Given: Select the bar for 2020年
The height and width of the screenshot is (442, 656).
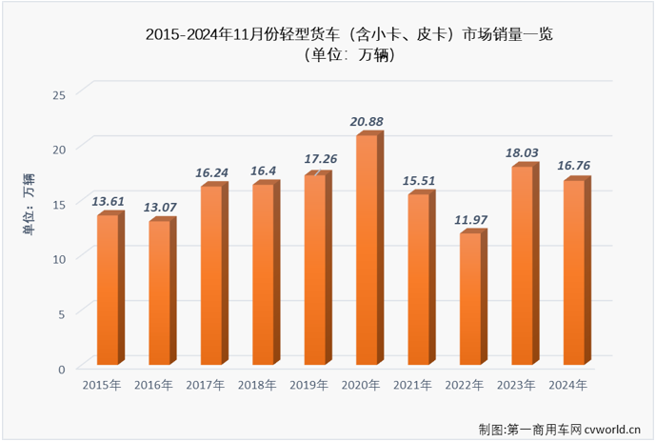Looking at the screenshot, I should point(367,250).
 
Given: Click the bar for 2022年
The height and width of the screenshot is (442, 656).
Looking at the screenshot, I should point(469,298).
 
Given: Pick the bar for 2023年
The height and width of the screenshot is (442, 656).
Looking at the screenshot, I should point(521,266).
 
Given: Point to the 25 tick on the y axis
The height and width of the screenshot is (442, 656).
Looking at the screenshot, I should point(59,94).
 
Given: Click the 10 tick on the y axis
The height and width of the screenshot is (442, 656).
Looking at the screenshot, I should point(59,259).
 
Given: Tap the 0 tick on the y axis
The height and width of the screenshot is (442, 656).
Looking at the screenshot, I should point(62,369).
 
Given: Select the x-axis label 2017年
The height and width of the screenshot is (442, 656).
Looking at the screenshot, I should point(206,386).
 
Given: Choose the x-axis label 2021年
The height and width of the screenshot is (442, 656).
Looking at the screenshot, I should point(413,386).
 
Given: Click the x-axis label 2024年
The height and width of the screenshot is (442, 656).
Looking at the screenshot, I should point(568,386).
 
